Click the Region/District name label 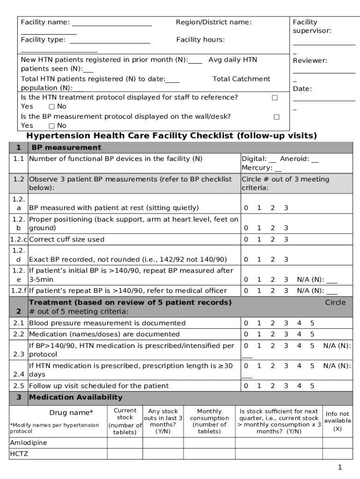213,22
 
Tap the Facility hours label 200,40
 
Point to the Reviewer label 310,60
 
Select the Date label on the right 302,89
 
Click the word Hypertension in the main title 58,136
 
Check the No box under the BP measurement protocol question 51,125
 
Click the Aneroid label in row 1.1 295,159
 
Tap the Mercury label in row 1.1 257,167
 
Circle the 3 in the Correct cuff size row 286,239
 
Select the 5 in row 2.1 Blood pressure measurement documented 312,323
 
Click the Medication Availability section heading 76,397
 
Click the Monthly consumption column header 209,421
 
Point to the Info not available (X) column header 338,421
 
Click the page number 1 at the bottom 340,467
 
